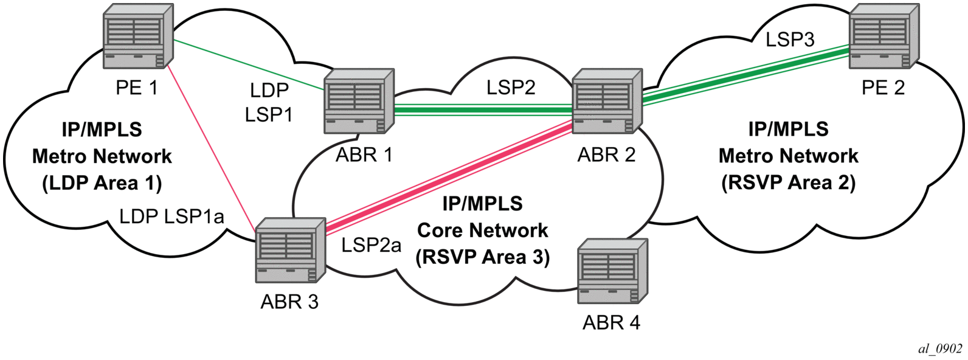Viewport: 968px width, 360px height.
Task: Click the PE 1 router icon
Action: coord(138,36)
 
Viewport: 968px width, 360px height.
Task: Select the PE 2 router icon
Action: coord(883,36)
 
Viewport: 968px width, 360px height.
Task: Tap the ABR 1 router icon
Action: coord(359,101)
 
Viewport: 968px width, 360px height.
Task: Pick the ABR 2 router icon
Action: coord(607,101)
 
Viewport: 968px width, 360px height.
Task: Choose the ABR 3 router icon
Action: coord(290,251)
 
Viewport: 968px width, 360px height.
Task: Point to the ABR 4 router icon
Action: coord(612,271)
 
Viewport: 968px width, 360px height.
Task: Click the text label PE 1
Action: coord(137,88)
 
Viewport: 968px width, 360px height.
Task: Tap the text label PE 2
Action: coord(883,88)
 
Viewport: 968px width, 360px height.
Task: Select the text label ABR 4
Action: coord(611,322)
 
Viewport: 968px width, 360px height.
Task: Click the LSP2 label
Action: coord(511,88)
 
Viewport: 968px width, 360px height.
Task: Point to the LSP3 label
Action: coord(789,40)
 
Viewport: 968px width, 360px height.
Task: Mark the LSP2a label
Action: coord(371,245)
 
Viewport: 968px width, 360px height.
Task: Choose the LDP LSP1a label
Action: coord(171,216)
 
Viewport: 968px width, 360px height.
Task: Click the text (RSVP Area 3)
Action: coord(483,257)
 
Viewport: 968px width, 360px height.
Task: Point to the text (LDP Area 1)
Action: coord(102,183)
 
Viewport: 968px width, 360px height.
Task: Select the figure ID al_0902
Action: coord(940,348)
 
